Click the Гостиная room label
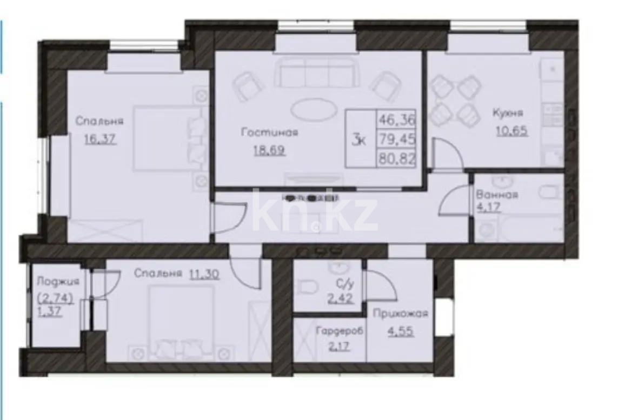(x=270, y=132)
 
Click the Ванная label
(x=497, y=195)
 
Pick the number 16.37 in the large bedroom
(x=101, y=139)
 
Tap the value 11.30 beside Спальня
(x=204, y=274)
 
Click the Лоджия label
(x=58, y=282)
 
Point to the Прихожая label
(x=400, y=314)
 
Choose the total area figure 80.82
(x=397, y=160)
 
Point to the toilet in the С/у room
(x=308, y=286)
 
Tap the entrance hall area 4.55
(x=400, y=332)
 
